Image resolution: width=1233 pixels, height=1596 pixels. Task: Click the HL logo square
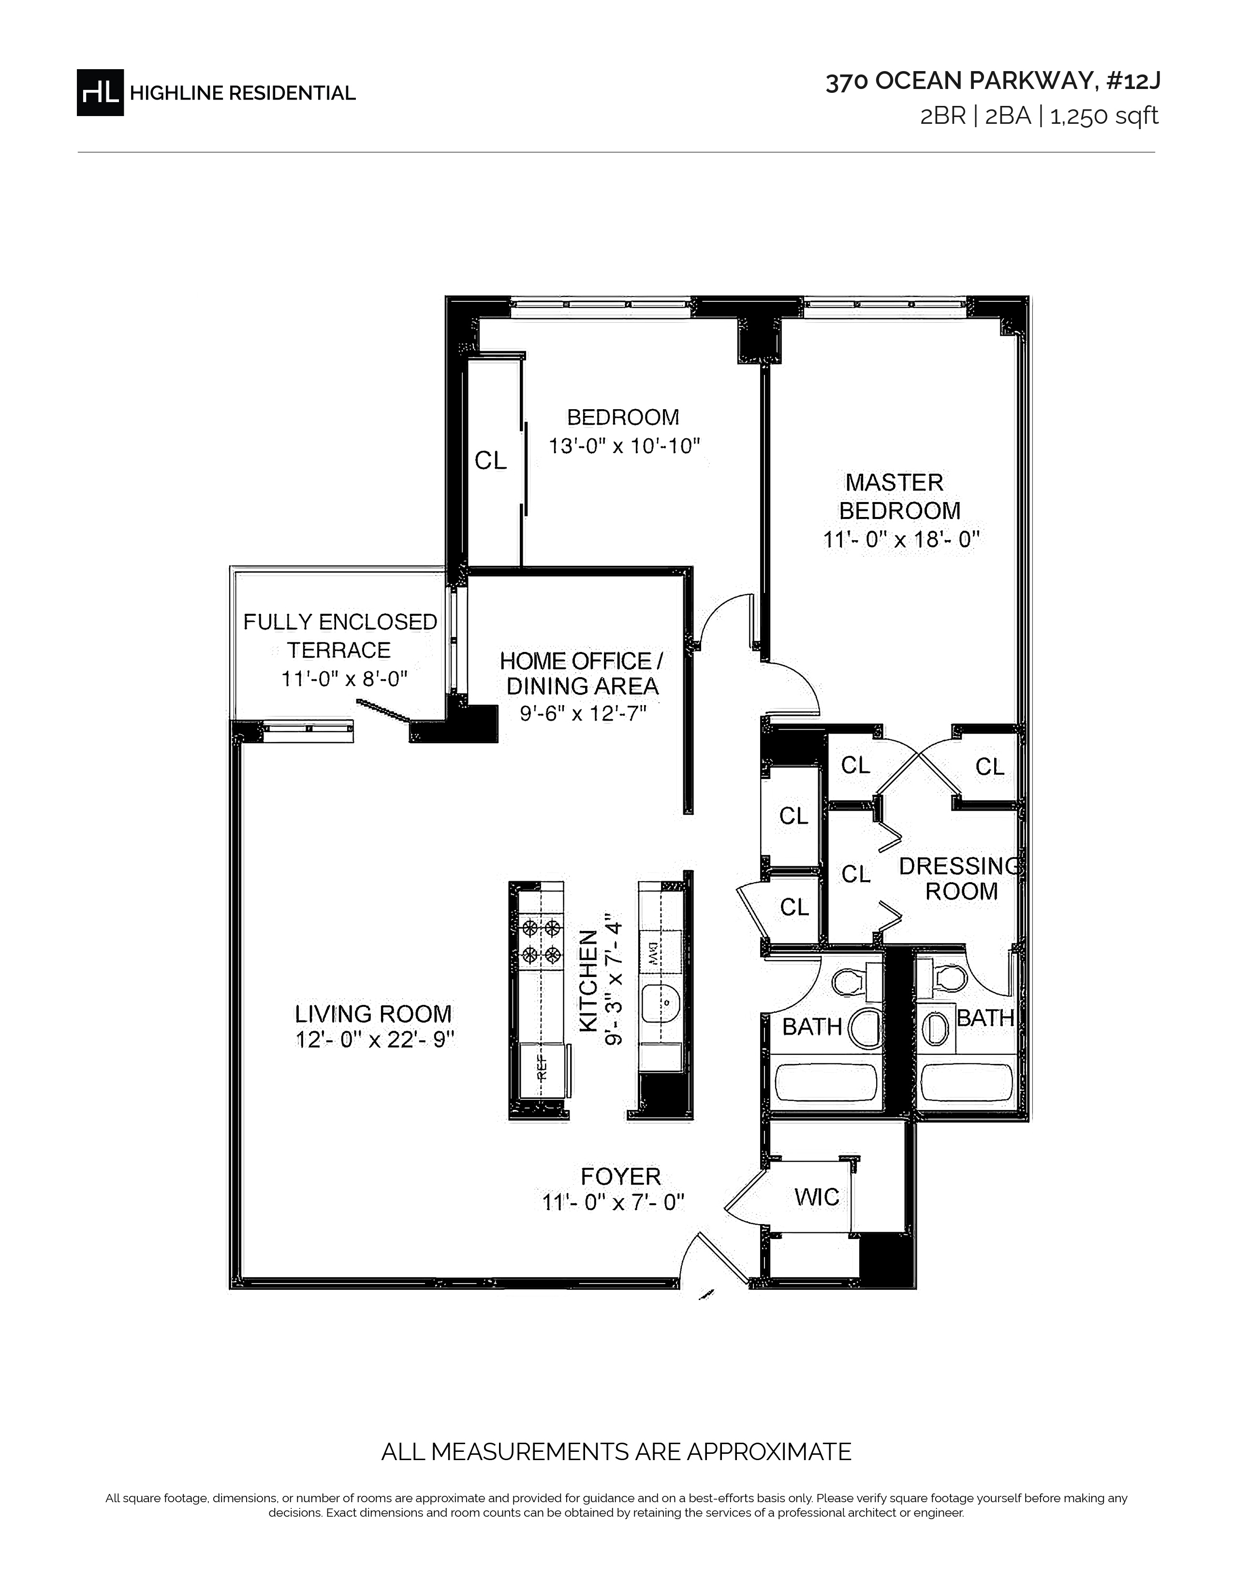100,92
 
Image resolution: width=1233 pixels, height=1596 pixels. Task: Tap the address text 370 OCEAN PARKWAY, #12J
993,82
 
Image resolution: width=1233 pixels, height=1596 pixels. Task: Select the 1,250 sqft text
1104,116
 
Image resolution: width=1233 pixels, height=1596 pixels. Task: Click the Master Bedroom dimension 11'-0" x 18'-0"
901,540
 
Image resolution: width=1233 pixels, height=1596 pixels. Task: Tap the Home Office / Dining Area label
581,673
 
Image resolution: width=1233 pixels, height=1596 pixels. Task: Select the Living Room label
373,1014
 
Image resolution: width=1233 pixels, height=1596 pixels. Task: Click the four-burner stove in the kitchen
541,941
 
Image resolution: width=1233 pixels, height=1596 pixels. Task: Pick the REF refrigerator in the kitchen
541,1071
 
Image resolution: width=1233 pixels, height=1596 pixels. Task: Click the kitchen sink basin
661,1002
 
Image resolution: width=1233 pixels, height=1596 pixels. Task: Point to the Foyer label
621,1177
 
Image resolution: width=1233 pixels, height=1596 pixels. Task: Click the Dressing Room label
960,878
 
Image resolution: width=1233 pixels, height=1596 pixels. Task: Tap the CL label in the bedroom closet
491,460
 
